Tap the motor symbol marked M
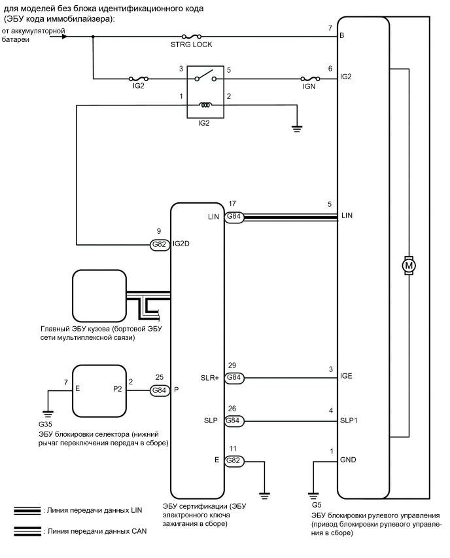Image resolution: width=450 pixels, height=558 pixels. pyautogui.click(x=409, y=265)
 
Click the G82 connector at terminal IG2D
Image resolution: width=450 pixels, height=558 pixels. pyautogui.click(x=160, y=244)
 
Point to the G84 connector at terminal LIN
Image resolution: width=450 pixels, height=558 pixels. pyautogui.click(x=234, y=217)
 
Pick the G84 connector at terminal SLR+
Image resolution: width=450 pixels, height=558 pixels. pyautogui.click(x=234, y=378)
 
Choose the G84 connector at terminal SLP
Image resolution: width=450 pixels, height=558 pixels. pyautogui.click(x=234, y=420)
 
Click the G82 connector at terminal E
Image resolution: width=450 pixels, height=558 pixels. pyautogui.click(x=234, y=461)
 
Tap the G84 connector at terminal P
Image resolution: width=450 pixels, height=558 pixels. pyautogui.click(x=160, y=390)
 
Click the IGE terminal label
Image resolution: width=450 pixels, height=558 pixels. pyautogui.click(x=347, y=378)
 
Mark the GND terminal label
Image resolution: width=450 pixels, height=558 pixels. pyautogui.click(x=348, y=461)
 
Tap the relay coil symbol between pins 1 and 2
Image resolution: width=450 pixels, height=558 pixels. pyautogui.click(x=205, y=105)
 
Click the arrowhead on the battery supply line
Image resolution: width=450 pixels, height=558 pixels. pyautogui.click(x=63, y=37)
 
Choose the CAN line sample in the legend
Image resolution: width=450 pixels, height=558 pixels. pyautogui.click(x=27, y=532)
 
